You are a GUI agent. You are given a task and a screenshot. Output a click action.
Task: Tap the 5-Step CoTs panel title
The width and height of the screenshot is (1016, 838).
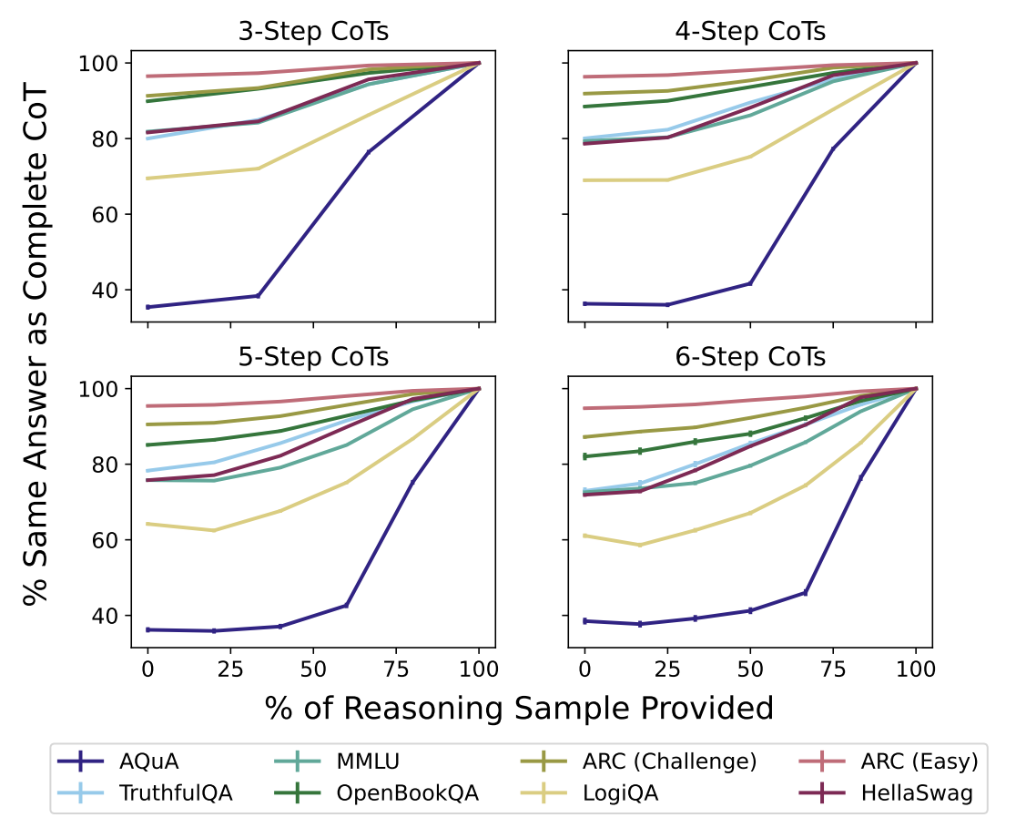pos(313,357)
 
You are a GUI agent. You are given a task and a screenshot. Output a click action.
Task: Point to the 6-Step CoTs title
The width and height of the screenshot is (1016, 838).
pos(750,357)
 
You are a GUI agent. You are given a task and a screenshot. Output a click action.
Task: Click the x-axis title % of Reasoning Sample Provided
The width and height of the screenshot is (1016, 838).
pos(520,708)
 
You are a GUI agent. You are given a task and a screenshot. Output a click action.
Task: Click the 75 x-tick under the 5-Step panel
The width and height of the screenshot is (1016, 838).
pos(396,668)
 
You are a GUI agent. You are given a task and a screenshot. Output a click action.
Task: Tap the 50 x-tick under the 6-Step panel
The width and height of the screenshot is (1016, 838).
pos(750,668)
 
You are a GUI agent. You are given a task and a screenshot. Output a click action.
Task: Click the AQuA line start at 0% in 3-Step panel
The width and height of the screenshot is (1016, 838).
pos(147,307)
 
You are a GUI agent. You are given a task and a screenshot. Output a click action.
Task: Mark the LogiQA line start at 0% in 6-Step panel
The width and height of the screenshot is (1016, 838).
pos(584,536)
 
